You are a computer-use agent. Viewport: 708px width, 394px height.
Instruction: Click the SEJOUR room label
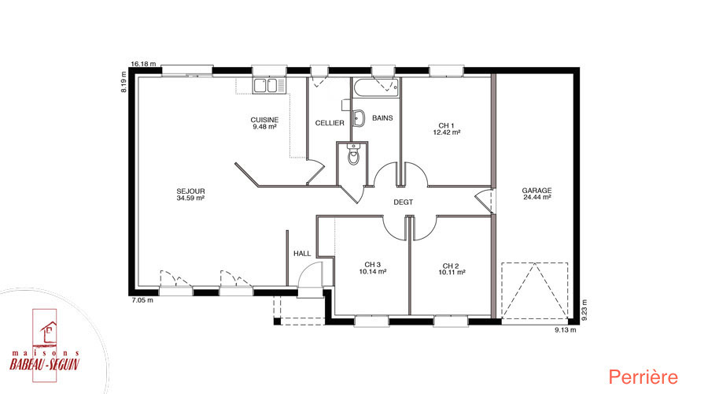coord(190,191)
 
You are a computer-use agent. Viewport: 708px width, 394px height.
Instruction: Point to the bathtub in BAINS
coord(376,88)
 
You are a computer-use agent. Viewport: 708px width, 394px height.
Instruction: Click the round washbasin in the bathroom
coord(359,118)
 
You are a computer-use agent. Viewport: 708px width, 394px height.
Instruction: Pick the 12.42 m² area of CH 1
coord(447,132)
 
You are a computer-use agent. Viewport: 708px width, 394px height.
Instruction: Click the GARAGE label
coord(537,191)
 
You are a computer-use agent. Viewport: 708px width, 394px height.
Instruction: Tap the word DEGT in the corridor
coord(404,203)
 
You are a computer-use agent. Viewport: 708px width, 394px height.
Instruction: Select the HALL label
coord(302,253)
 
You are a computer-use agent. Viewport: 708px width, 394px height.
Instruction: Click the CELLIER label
coord(330,123)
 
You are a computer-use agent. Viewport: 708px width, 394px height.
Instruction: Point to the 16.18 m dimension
coord(143,64)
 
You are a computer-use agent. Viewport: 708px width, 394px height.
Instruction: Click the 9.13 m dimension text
coord(566,329)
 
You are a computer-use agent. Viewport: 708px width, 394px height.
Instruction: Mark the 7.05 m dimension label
coord(142,300)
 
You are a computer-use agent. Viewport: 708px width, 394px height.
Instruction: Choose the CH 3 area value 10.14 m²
coord(373,272)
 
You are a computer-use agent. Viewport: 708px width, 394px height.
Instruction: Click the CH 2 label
coord(451,266)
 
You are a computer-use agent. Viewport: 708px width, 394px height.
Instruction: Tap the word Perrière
coord(643,377)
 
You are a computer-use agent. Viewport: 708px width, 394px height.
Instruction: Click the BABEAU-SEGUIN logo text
coord(45,364)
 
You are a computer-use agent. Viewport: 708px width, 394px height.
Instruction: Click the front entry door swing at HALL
coord(310,274)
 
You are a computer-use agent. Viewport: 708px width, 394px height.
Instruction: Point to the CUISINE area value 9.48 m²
coord(264,127)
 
